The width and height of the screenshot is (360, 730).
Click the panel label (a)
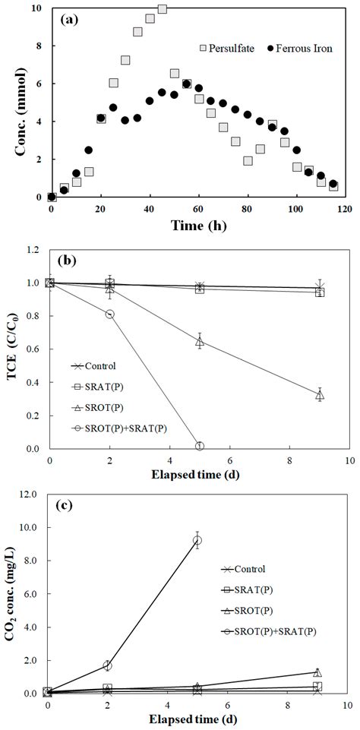pos(69,21)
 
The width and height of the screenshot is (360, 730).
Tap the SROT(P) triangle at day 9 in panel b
pos(320,395)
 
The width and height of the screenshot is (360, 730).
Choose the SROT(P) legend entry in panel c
pos(260,610)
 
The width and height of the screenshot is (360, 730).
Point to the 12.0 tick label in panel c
pos(30,494)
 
